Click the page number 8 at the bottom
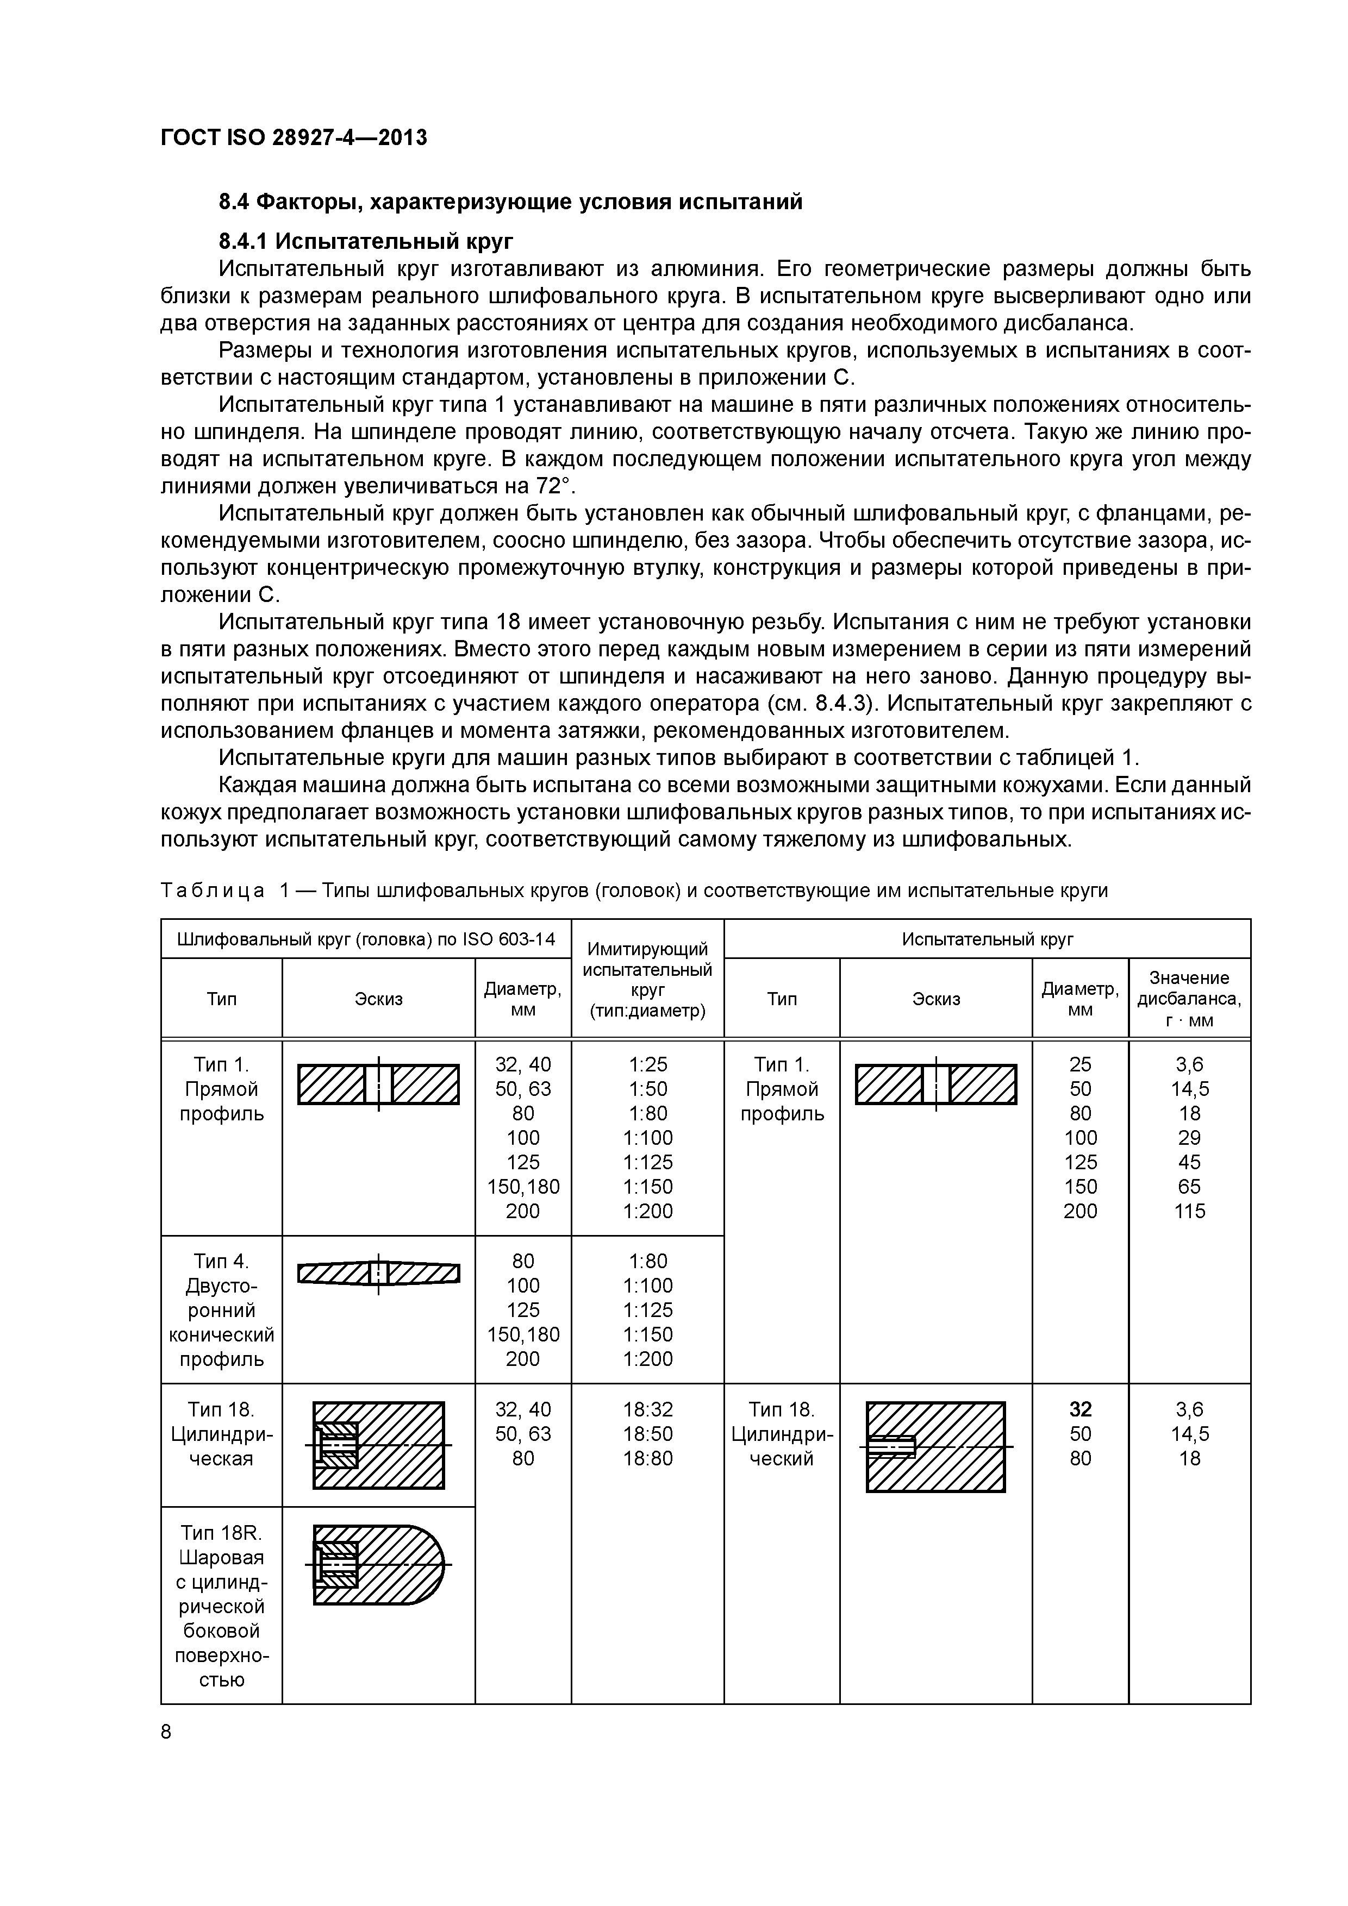click(166, 1732)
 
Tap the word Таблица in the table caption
click(213, 891)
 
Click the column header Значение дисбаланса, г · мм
click(1189, 999)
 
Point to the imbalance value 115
click(1189, 1211)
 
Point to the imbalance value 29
click(1189, 1137)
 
